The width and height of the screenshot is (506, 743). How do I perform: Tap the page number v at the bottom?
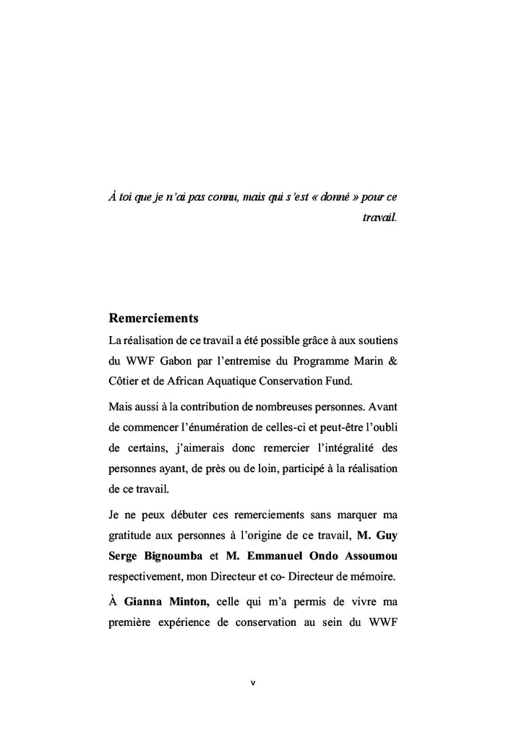(252, 682)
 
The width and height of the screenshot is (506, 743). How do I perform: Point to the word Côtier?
(124, 381)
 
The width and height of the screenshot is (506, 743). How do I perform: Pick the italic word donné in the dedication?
(317, 197)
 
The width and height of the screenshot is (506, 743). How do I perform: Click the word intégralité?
(336, 447)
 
